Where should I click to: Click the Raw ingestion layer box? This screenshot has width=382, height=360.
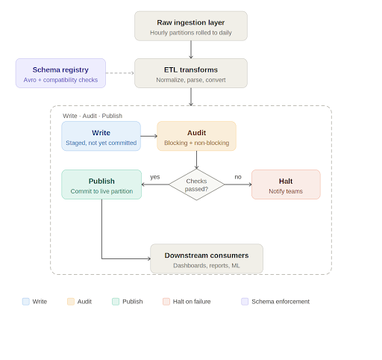click(191, 26)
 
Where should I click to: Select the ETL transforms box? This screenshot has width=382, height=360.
click(191, 73)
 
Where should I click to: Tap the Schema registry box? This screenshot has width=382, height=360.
click(60, 73)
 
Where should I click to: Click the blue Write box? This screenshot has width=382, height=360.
click(101, 137)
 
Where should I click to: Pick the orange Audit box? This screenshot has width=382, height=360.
click(196, 137)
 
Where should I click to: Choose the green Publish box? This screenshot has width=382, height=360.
click(101, 184)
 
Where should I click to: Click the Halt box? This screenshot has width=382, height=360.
click(286, 184)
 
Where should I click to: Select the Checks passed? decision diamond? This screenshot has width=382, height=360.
click(196, 184)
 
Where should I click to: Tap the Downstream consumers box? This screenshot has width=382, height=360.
click(207, 259)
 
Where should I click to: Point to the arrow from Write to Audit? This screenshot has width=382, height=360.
click(148, 137)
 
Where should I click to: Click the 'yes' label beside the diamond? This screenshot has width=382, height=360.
click(155, 177)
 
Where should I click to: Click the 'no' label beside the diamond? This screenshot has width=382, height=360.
click(238, 177)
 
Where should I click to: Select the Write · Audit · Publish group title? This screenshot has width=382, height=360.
click(93, 116)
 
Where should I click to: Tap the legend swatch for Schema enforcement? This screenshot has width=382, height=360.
click(245, 302)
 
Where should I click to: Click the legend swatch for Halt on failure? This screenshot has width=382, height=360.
click(166, 302)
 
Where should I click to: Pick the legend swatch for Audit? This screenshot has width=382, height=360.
click(71, 302)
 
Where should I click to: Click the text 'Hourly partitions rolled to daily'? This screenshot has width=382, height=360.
click(191, 32)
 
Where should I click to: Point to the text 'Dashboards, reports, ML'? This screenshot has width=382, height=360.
click(207, 265)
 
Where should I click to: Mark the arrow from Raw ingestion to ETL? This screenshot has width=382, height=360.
click(191, 49)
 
